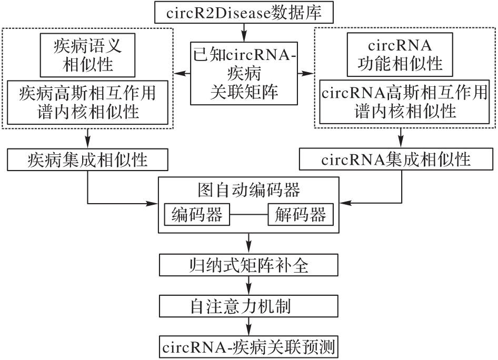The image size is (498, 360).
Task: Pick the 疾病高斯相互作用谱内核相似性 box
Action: click(x=87, y=102)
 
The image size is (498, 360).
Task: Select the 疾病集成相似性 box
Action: click(x=87, y=158)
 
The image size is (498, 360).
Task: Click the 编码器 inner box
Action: click(x=196, y=215)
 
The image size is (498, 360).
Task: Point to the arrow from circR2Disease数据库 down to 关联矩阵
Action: click(x=244, y=32)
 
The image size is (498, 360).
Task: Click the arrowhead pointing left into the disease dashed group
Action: click(x=180, y=72)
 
